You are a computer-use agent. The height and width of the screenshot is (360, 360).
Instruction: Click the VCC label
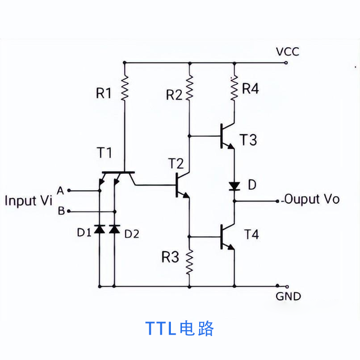click(x=287, y=51)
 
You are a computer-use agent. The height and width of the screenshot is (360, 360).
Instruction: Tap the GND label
click(x=288, y=296)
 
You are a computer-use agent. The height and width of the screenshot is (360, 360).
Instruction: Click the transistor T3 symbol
click(x=226, y=136)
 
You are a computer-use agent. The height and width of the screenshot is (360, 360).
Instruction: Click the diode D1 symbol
click(x=99, y=229)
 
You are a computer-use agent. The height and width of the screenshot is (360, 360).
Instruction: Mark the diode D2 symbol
click(x=114, y=229)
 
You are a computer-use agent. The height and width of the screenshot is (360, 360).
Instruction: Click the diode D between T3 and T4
click(x=234, y=186)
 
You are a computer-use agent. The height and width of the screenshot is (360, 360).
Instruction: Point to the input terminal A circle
click(x=69, y=191)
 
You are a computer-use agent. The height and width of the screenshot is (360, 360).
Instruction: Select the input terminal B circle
click(x=69, y=211)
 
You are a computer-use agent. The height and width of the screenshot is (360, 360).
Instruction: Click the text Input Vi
click(x=28, y=201)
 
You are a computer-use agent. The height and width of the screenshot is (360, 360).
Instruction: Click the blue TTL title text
click(x=180, y=328)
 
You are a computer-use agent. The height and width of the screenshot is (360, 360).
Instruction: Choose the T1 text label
click(x=104, y=153)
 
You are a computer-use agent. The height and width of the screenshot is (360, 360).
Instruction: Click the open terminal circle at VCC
click(x=287, y=62)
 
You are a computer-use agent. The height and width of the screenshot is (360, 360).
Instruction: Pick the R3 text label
click(x=169, y=257)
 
